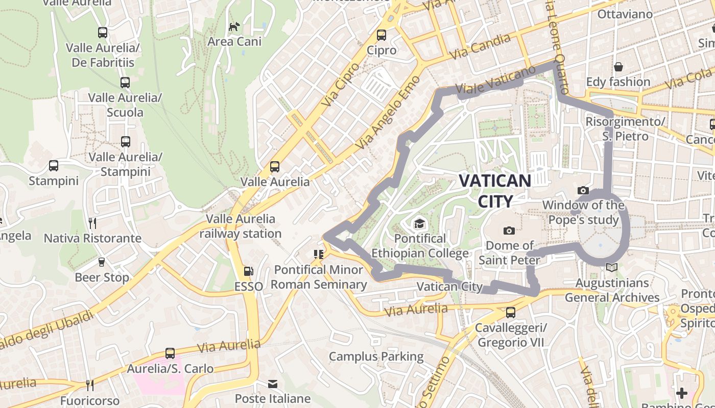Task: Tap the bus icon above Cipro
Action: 382,35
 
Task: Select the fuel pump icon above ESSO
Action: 248,272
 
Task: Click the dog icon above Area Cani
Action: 234,27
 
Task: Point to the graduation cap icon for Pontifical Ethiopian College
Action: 419,223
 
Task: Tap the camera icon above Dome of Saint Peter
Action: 509,231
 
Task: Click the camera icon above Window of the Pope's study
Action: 583,191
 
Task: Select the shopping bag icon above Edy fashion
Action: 618,67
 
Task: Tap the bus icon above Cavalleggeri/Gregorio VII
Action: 510,312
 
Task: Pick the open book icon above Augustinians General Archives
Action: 611,267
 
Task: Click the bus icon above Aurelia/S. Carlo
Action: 170,353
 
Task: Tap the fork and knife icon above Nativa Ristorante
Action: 92,223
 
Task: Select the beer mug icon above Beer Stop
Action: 101,262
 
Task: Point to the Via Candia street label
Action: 480,46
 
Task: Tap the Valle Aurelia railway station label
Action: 240,226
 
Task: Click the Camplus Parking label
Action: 376,356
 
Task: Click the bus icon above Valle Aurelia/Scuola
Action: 125,83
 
